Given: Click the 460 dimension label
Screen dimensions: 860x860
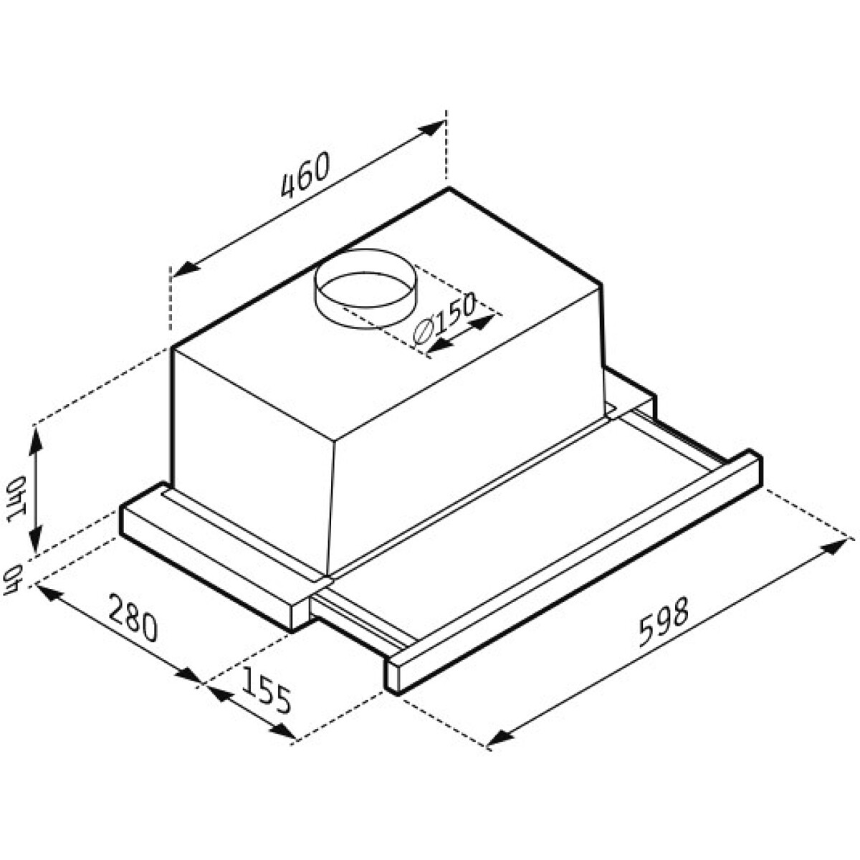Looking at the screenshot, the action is pyautogui.click(x=306, y=175).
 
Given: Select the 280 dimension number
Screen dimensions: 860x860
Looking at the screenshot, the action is pyautogui.click(x=133, y=617).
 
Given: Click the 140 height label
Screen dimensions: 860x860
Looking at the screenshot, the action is pyautogui.click(x=17, y=499).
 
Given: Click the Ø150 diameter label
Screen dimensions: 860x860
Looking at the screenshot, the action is pyautogui.click(x=444, y=319).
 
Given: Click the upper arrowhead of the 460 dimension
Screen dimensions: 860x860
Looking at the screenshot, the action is pyautogui.click(x=433, y=128).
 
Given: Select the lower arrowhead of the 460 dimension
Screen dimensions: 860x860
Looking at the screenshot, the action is pyautogui.click(x=184, y=269).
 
